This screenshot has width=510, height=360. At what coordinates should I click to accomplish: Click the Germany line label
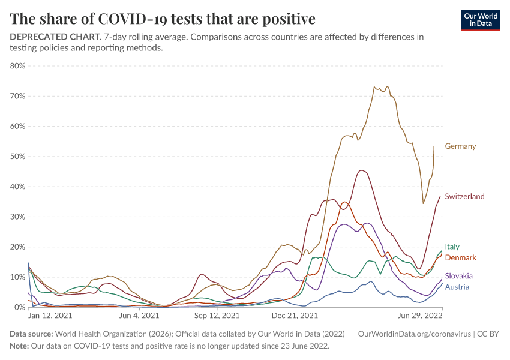point(460,146)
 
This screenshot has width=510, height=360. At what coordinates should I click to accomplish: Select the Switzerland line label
point(464,197)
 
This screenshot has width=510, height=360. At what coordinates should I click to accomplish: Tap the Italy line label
point(452,247)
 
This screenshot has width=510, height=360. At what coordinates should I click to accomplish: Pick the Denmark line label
point(460,257)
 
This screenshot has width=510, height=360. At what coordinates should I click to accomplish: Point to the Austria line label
point(457,287)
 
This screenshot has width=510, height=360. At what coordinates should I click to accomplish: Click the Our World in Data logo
point(481,19)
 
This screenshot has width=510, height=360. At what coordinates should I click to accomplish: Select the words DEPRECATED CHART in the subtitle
point(54,37)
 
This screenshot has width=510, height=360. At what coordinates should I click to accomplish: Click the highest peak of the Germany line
point(374,86)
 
